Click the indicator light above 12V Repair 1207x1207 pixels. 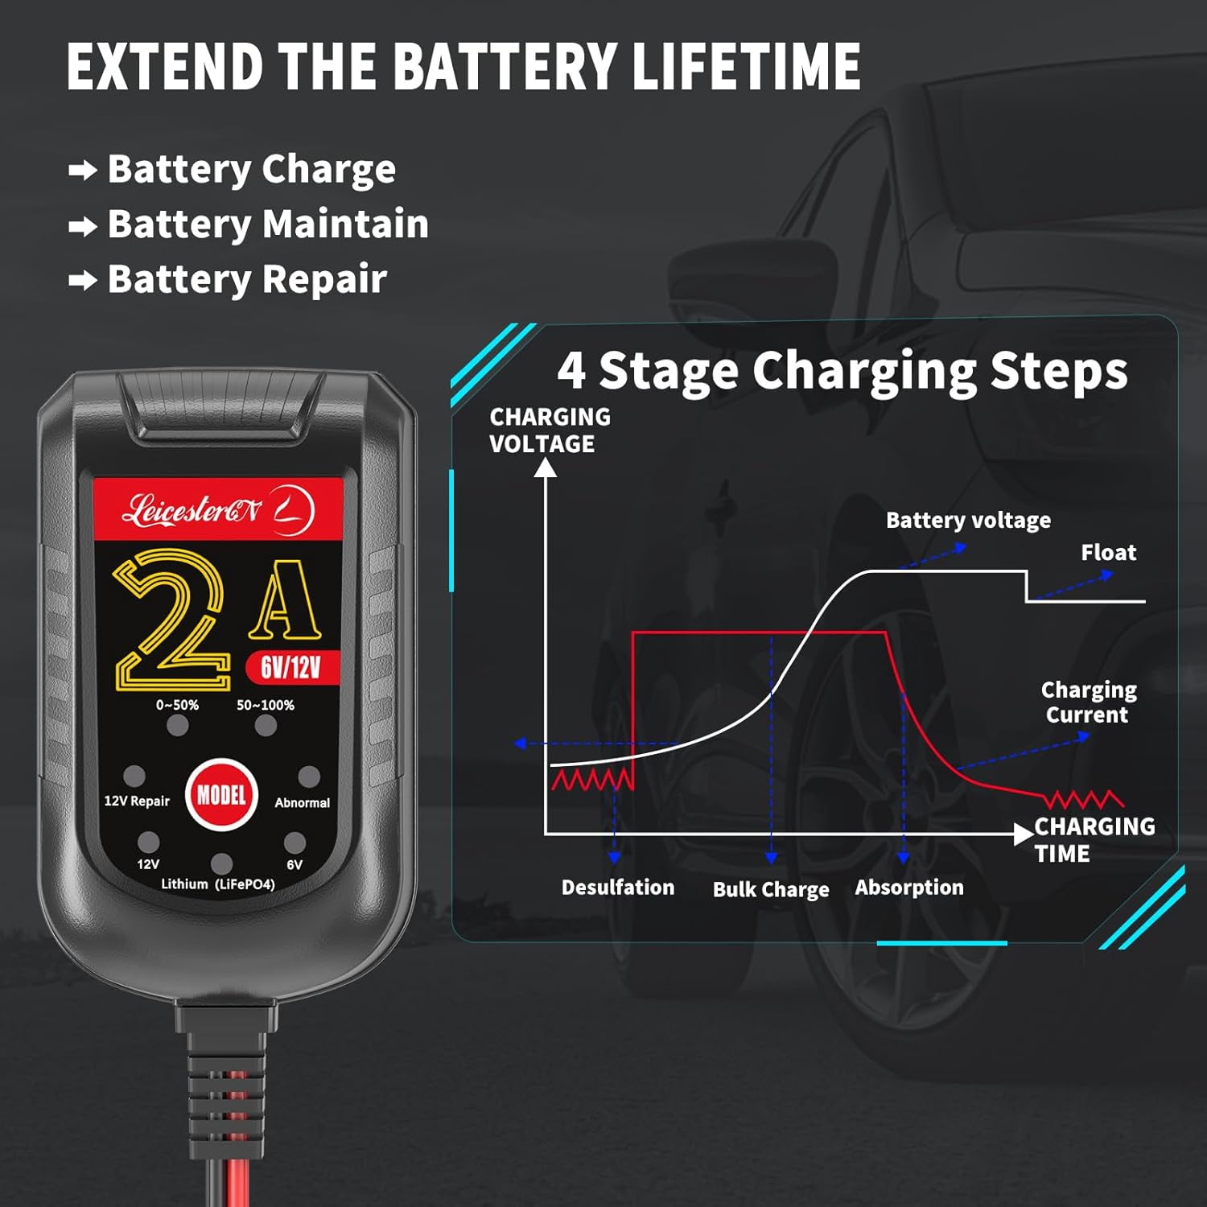(134, 776)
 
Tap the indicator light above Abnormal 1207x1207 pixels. (309, 777)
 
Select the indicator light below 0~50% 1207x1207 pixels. (178, 725)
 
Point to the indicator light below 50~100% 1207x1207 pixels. (266, 725)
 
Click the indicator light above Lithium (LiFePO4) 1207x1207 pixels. (221, 863)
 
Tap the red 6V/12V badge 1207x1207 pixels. (291, 666)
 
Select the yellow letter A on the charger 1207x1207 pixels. (285, 599)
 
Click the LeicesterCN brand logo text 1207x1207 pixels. (192, 511)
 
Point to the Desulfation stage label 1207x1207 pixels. (618, 888)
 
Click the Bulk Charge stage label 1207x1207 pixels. (771, 889)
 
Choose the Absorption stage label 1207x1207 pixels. (909, 888)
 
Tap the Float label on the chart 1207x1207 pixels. (1109, 552)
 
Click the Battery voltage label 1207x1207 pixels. (968, 521)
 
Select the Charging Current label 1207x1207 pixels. (1089, 702)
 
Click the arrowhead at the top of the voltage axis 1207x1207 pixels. (546, 468)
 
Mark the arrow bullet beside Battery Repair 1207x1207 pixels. (83, 281)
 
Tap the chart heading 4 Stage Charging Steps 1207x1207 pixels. (842, 371)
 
